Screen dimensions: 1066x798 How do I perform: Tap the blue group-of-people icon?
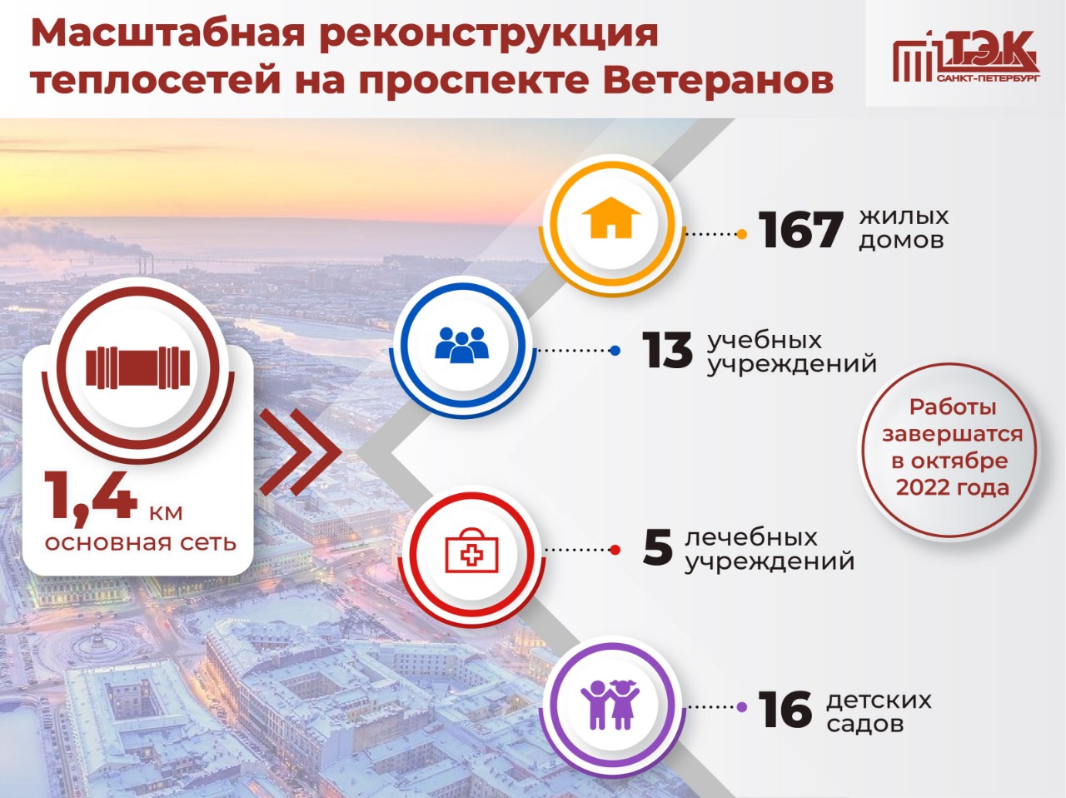click(x=461, y=345)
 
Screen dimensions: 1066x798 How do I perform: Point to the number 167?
click(x=800, y=229)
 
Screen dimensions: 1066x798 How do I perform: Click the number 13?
click(x=667, y=350)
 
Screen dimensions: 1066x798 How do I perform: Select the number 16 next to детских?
click(x=785, y=710)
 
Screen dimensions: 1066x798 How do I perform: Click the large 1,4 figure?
click(x=90, y=496)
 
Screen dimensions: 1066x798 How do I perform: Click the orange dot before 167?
click(x=741, y=234)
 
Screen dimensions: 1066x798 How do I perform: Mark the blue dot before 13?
click(x=615, y=350)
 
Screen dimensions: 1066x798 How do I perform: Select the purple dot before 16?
click(x=741, y=706)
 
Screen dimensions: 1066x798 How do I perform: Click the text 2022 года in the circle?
click(x=953, y=486)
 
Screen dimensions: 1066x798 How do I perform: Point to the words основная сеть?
click(x=141, y=542)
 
